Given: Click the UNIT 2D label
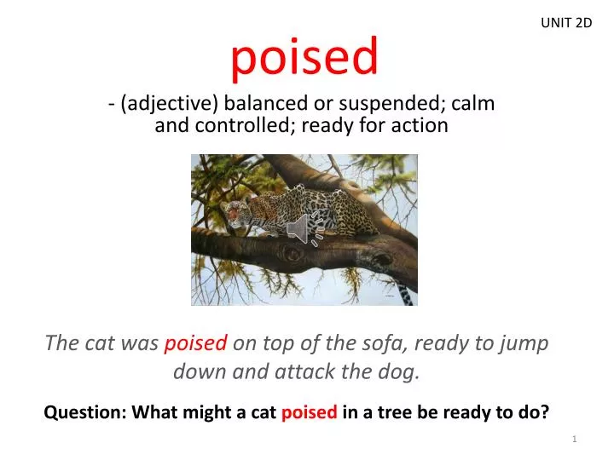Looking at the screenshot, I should (x=566, y=23).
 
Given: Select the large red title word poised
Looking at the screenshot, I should (x=304, y=57).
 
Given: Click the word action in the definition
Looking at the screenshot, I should (x=418, y=126).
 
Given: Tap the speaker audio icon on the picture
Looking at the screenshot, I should (x=302, y=228).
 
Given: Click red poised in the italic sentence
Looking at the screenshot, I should (x=195, y=343).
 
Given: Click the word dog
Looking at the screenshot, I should (x=398, y=371).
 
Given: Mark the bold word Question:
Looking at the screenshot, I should (x=82, y=413).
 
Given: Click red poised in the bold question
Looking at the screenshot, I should (x=309, y=413).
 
